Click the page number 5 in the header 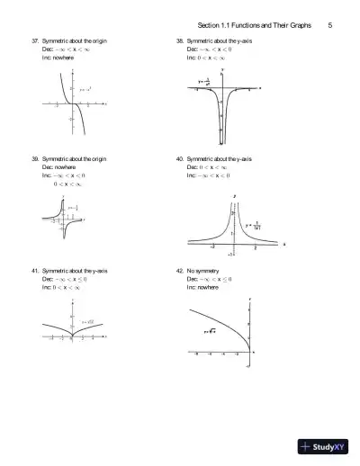pyautogui.click(x=330, y=25)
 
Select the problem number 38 pyautogui.click(x=180, y=42)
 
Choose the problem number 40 pyautogui.click(x=180, y=158)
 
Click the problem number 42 pyautogui.click(x=180, y=271)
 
